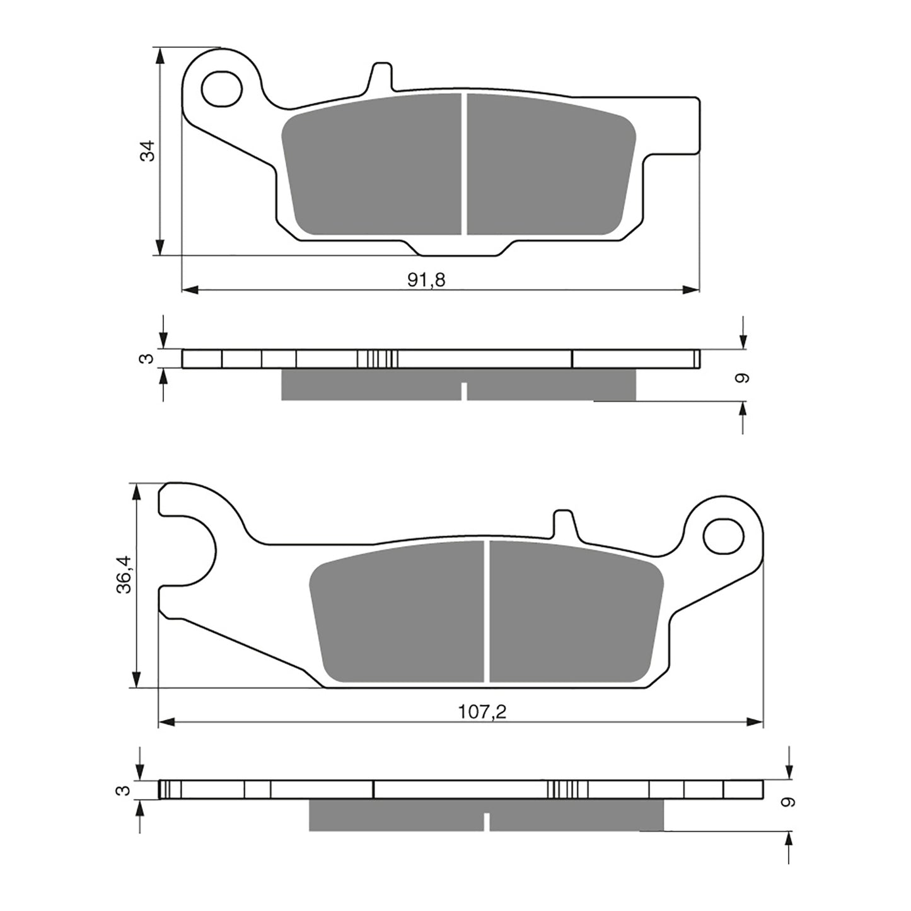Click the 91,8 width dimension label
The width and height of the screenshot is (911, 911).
point(426,280)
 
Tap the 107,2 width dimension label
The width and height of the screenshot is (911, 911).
point(482,712)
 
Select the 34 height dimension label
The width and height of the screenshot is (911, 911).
point(148,151)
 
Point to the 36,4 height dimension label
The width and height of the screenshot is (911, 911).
point(124,574)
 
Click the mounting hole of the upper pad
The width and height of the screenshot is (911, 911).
point(222,88)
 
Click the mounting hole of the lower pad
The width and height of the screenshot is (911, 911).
point(723,535)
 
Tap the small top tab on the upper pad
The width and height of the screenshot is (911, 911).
point(381,76)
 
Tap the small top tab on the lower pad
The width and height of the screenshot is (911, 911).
point(564,523)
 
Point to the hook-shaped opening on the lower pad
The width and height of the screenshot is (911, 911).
point(189,550)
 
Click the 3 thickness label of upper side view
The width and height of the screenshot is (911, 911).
point(146,359)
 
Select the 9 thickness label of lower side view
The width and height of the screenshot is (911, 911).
point(787,802)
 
